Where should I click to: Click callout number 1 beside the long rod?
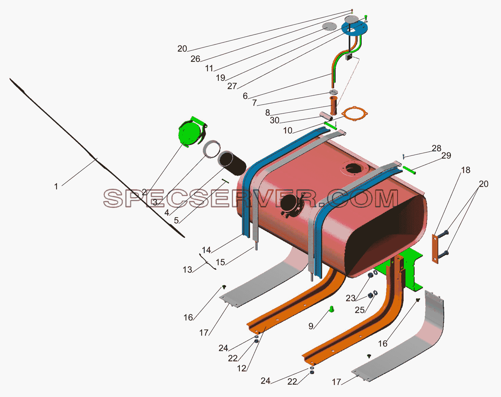56,186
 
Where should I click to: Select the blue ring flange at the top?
354,28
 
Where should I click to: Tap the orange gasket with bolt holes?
354,114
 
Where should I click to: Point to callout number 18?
465,170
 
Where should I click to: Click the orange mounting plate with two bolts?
435,249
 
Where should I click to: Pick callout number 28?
436,148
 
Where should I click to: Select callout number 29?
446,156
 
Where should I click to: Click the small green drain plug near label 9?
332,309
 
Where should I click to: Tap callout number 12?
242,368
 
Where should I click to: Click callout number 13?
187,270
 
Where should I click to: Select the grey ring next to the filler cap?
212,149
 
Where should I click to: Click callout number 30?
275,120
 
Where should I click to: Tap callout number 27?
232,86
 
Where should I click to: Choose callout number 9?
311,326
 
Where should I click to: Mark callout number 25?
359,310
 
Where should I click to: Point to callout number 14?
206,250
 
